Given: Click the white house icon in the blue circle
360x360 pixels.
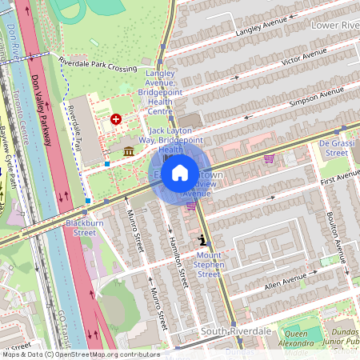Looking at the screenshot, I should tap(180, 171).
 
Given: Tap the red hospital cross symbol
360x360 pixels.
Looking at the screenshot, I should tap(116, 119).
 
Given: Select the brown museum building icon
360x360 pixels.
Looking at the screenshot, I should tap(129, 151).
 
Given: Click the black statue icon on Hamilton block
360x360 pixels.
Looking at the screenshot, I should tap(203, 238).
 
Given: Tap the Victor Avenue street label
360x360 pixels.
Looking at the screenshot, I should tap(303, 57).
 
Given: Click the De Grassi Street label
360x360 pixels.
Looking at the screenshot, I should tap(337, 147).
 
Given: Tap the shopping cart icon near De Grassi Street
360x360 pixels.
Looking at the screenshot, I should tap(269, 158).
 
